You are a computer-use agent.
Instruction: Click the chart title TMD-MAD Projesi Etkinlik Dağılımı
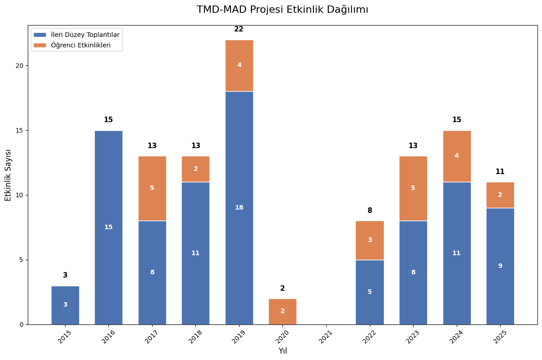(x=282, y=10)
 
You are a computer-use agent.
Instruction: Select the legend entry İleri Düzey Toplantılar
(x=85, y=35)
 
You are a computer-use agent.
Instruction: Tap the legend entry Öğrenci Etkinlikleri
(x=81, y=45)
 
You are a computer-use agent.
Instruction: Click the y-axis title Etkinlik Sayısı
(x=8, y=175)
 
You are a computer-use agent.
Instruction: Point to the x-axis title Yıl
(x=282, y=351)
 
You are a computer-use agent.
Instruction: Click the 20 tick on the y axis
(x=20, y=65)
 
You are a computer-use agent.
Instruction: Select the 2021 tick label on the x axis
(x=326, y=337)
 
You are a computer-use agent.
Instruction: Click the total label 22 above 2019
(x=239, y=29)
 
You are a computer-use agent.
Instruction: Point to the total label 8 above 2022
(x=369, y=211)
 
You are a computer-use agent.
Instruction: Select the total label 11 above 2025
(x=500, y=172)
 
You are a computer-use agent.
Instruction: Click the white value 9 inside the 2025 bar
(x=500, y=266)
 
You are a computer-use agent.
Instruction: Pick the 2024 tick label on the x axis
(x=456, y=337)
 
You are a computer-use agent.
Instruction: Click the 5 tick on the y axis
(x=21, y=260)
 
